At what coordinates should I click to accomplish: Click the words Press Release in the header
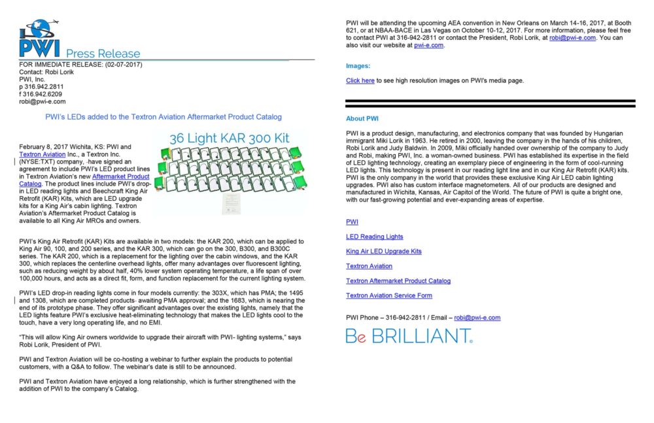(x=103, y=54)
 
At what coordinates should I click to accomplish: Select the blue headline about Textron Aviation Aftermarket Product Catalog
(x=163, y=117)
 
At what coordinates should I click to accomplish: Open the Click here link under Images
(x=360, y=80)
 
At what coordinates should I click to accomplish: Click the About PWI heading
(x=362, y=119)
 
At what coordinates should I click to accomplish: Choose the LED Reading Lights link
(x=375, y=237)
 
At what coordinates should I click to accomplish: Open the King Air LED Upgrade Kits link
(x=384, y=251)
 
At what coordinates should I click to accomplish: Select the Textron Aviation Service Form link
(x=389, y=296)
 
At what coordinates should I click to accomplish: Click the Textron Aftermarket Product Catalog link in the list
(x=398, y=281)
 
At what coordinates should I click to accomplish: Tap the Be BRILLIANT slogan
(x=409, y=336)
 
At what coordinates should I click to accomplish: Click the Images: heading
(x=358, y=66)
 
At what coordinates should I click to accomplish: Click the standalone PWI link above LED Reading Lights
(x=352, y=222)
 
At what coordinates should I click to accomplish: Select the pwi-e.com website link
(x=429, y=45)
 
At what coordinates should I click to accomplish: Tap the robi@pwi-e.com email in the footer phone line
(x=477, y=318)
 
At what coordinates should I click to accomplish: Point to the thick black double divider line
(x=490, y=103)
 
